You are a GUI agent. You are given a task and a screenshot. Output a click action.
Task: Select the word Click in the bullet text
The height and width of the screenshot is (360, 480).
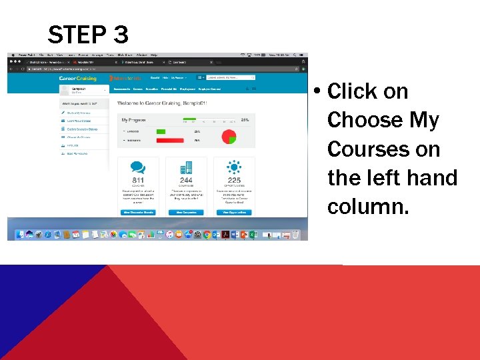353,91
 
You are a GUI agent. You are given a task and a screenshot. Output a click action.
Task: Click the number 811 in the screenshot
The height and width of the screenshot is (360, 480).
139,180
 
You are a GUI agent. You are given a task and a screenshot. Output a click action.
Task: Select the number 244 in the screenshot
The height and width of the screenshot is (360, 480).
186,180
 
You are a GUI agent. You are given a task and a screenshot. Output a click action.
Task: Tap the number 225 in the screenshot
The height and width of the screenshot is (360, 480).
234,180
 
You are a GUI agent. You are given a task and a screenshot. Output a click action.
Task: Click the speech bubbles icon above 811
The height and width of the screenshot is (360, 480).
139,168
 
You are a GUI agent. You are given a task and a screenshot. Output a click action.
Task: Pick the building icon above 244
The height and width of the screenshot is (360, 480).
186,168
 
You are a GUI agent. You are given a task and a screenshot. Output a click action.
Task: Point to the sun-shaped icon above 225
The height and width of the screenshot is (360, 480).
234,167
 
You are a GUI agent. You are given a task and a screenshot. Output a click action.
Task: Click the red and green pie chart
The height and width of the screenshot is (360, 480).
229,136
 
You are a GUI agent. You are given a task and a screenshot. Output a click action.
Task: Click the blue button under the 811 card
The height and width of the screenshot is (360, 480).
139,212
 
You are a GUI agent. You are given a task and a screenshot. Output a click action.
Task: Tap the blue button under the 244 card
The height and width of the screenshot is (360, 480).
186,212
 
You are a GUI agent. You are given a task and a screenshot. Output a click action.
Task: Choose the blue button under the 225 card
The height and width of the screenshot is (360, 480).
234,212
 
